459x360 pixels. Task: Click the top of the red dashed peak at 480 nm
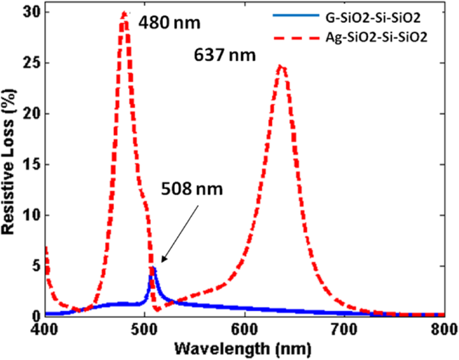[124, 13]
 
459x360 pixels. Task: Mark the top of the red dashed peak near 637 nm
[281, 66]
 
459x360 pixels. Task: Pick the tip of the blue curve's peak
[153, 268]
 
